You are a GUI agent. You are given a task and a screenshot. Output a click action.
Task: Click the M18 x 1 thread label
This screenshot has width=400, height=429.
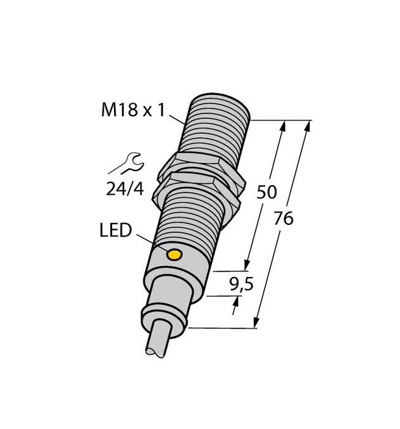tap(134, 111)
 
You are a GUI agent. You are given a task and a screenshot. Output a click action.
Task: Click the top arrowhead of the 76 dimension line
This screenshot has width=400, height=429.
tap(309, 125)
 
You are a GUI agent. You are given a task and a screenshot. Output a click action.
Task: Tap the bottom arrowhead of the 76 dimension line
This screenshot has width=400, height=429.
tap(257, 323)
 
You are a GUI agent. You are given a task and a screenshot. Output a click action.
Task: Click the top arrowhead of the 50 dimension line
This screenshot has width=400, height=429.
tap(283, 125)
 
